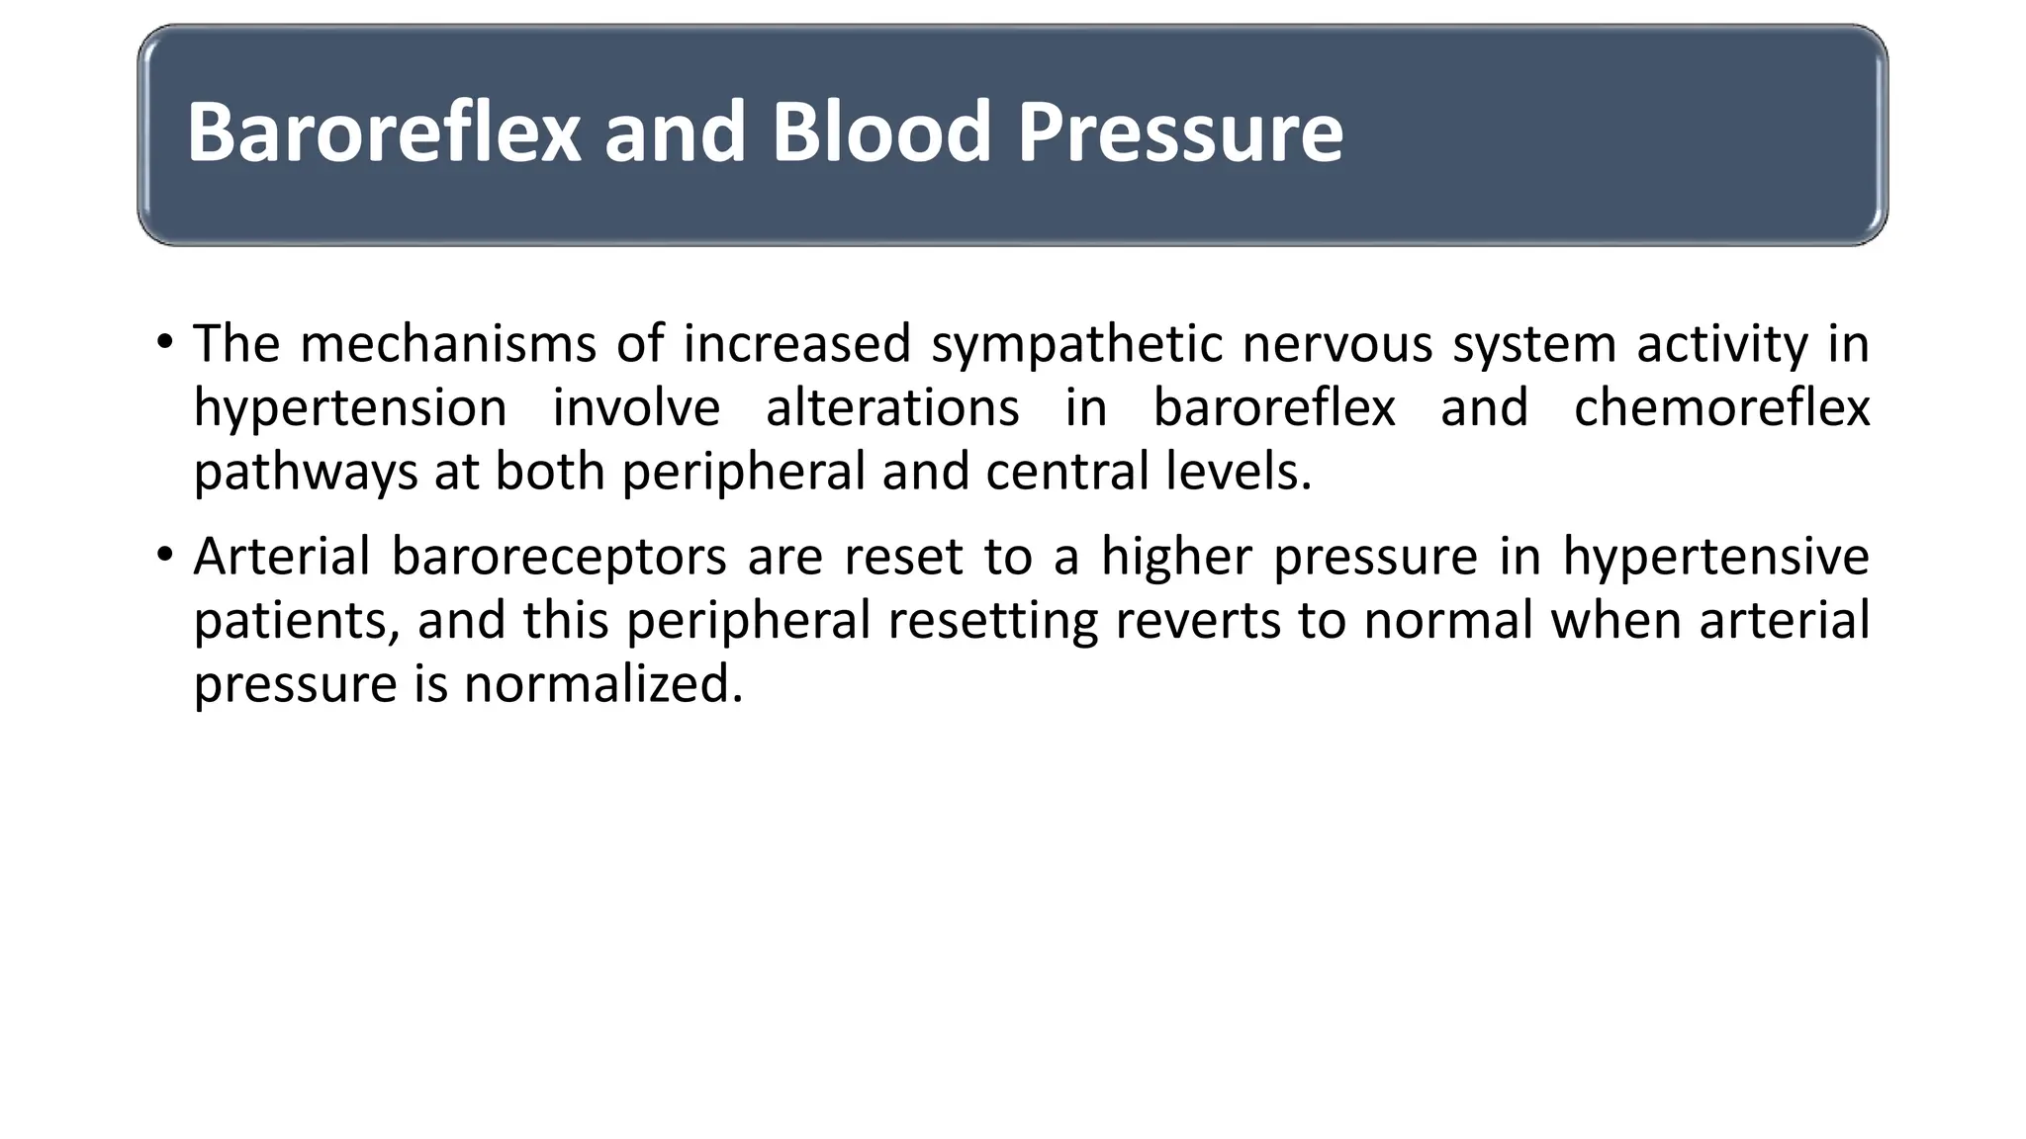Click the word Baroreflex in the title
tap(384, 132)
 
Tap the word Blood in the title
tap(880, 132)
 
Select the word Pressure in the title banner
tap(1179, 132)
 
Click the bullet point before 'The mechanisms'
tap(164, 343)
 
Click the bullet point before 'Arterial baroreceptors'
tap(164, 555)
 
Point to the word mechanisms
tap(447, 344)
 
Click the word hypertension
tap(350, 408)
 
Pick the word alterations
tap(892, 408)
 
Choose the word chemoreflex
tap(1721, 408)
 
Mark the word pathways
tap(306, 472)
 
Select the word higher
tap(1176, 556)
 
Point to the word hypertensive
tap(1715, 556)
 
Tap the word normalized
tap(603, 683)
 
